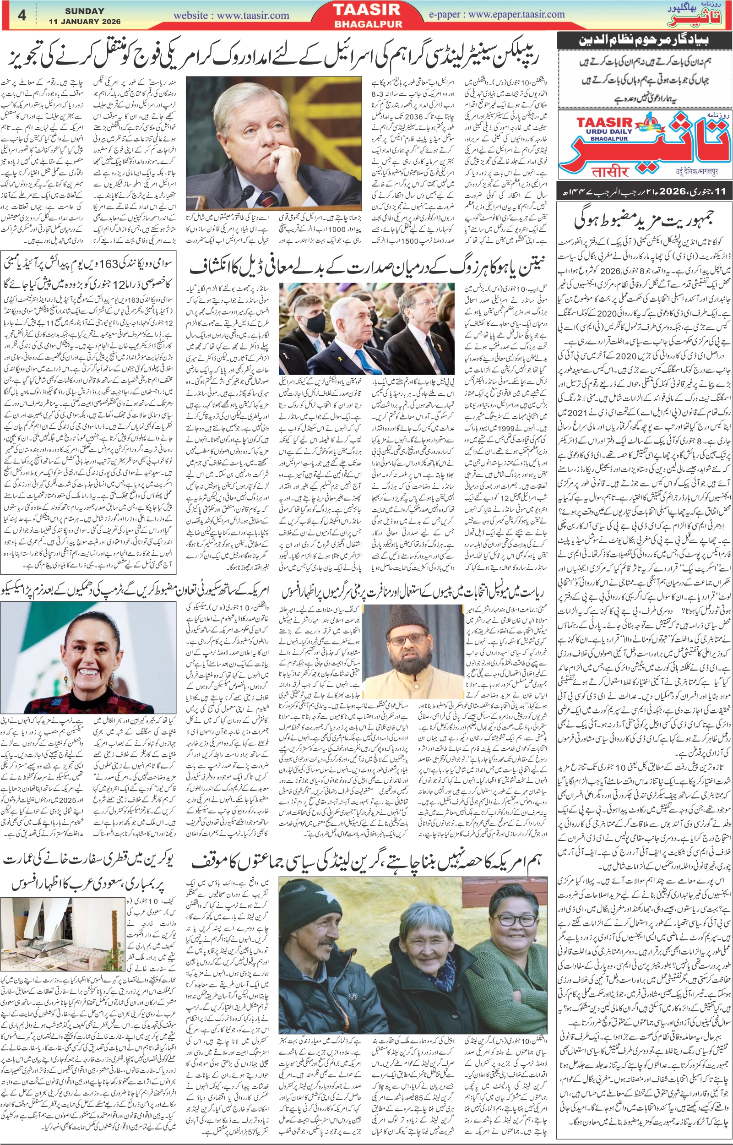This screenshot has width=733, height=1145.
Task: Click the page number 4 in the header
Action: pos(22,15)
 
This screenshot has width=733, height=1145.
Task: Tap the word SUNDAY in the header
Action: pos(84,11)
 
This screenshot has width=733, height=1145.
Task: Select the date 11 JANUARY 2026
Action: pos(84,22)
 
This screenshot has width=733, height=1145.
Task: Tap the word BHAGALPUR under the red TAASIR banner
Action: pos(368,24)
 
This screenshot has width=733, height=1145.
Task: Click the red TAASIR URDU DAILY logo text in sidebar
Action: pos(604,123)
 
